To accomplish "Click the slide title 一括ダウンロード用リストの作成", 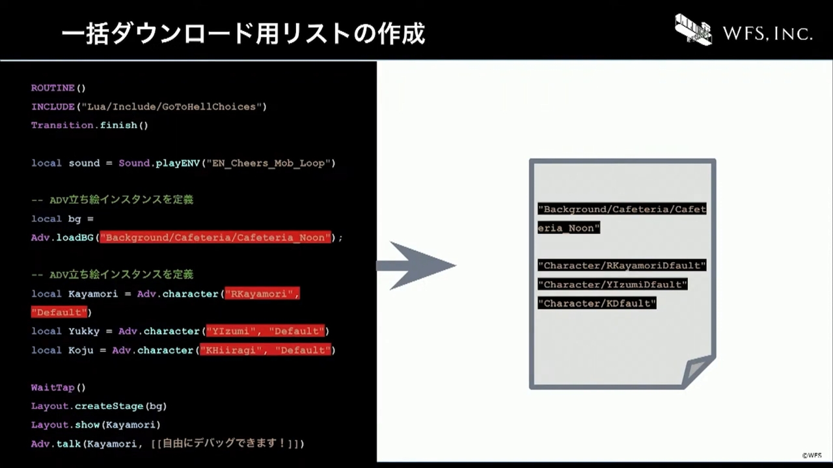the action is (243, 34).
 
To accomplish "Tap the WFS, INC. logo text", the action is (767, 34).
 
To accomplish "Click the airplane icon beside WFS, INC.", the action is (693, 30).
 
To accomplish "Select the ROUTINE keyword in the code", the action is (53, 88).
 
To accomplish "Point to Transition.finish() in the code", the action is (90, 125).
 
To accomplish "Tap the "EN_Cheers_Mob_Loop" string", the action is (269, 163).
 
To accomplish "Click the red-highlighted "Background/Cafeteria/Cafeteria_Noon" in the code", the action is (215, 237).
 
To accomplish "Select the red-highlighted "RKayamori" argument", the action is (262, 294).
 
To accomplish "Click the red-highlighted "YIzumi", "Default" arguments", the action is (265, 331).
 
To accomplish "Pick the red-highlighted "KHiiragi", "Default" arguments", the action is (265, 350).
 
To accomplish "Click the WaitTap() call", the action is (59, 387).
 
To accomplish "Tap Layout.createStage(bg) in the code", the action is (99, 406).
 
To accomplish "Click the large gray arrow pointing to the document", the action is (416, 266).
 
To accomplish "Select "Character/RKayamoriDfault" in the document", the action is (621, 265).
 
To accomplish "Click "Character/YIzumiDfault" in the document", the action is (612, 285).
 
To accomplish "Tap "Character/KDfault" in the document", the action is (597, 304).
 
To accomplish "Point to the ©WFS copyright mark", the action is (812, 456).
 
